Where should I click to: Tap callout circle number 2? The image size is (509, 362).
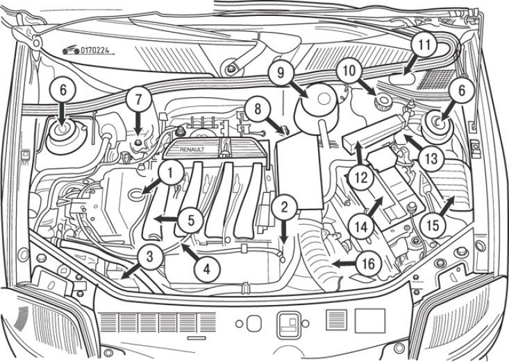click(284, 206)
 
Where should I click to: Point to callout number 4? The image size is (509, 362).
click(206, 264)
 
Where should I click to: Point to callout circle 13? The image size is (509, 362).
click(430, 158)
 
